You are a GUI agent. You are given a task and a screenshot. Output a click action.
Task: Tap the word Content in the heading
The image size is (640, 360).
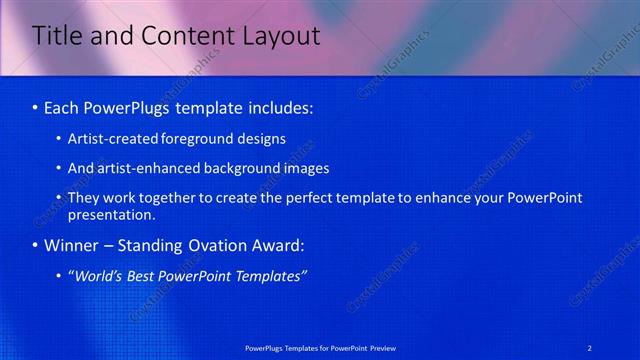pos(175,37)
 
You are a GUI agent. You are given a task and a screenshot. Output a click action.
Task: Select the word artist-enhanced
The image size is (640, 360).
pos(149,168)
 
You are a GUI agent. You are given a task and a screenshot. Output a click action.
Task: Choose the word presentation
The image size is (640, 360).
pos(112,215)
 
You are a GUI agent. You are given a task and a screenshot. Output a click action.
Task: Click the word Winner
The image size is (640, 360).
pos(73,245)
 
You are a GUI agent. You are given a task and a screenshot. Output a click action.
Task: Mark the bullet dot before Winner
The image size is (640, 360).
pos(36,246)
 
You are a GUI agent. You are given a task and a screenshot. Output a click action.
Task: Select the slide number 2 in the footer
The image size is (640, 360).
pos(590,347)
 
